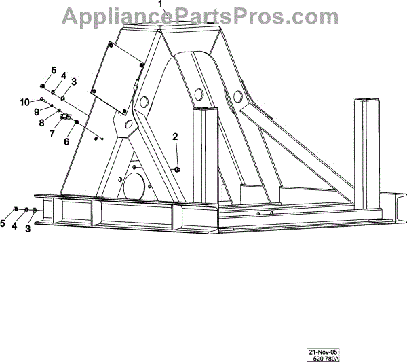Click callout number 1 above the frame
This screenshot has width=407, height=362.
(161, 4)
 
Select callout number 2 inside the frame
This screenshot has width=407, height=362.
(175, 137)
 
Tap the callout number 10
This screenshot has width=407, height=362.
(24, 102)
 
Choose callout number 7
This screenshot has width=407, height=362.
(52, 133)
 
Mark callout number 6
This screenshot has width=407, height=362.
(66, 142)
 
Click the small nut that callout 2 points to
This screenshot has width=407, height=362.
(177, 168)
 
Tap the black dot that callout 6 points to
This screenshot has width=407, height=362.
(77, 123)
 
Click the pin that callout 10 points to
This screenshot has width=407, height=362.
(42, 101)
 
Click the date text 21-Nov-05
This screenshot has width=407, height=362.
(323, 352)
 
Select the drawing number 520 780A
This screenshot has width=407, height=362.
(324, 359)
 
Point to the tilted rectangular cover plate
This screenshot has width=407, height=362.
(115, 75)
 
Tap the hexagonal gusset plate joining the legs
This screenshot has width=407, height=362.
(125, 125)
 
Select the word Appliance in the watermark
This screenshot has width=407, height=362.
(113, 15)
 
